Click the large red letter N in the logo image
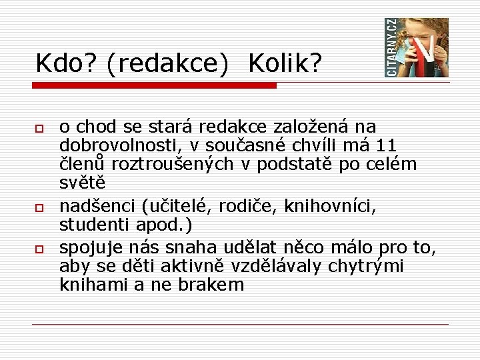tap(424, 53)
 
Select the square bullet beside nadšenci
tap(40, 209)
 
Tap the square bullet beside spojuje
tap(40, 249)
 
